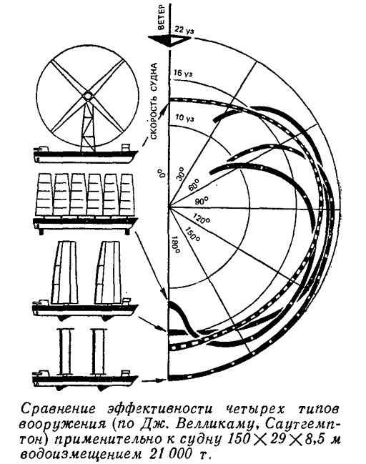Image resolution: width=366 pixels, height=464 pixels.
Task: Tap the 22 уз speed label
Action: click(x=184, y=30)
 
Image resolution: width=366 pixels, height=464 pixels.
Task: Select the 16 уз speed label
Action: click(x=183, y=73)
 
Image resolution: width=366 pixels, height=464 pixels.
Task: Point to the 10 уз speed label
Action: click(x=184, y=118)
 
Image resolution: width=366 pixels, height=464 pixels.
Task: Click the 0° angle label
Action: click(x=161, y=173)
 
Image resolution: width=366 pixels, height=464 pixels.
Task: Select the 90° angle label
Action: click(x=202, y=202)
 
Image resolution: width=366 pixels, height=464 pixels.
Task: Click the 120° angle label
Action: click(x=202, y=218)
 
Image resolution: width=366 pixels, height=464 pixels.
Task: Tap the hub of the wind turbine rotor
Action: click(x=88, y=96)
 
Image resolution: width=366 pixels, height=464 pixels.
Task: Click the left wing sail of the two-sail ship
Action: click(x=65, y=272)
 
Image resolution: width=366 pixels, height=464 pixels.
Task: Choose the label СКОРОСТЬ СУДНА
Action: click(x=154, y=101)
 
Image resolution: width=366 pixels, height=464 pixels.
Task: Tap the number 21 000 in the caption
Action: click(x=167, y=453)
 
